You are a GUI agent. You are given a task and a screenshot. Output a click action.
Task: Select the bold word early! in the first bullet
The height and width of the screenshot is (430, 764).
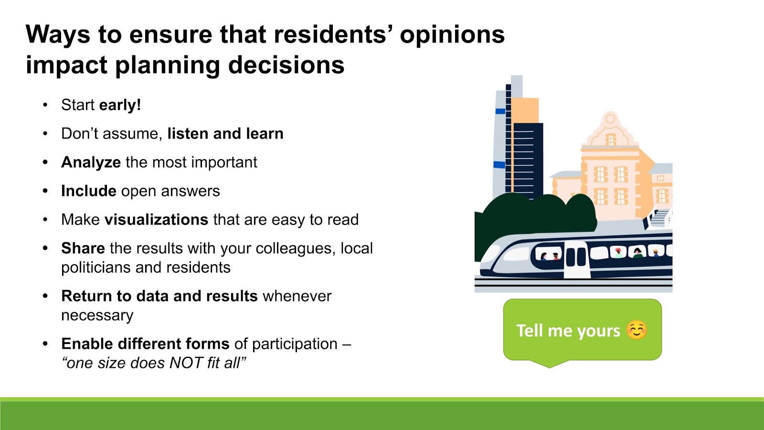(120, 105)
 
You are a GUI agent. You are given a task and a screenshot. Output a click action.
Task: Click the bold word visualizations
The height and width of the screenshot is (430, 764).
(156, 219)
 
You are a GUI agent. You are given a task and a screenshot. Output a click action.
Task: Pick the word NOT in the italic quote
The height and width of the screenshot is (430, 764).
(186, 363)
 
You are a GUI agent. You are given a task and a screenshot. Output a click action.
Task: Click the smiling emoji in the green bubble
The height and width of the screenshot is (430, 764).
(637, 330)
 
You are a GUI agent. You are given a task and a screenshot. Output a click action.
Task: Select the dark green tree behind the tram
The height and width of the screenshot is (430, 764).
(532, 218)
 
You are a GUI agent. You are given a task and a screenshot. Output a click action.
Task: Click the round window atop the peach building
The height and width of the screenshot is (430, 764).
(610, 119)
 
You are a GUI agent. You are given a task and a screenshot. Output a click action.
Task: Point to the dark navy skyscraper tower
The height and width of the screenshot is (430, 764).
(528, 161)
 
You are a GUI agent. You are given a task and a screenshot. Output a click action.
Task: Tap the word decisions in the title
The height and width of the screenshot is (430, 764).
(286, 65)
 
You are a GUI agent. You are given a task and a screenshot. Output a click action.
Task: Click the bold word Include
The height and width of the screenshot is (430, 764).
(89, 191)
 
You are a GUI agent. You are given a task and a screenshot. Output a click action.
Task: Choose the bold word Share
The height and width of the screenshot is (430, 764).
(83, 248)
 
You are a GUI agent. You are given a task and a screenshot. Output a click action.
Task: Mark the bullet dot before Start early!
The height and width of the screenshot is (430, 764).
(45, 105)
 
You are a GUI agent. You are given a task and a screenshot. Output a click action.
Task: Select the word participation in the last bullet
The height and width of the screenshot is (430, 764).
(295, 344)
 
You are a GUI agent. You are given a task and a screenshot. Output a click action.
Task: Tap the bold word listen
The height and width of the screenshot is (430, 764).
(188, 133)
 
